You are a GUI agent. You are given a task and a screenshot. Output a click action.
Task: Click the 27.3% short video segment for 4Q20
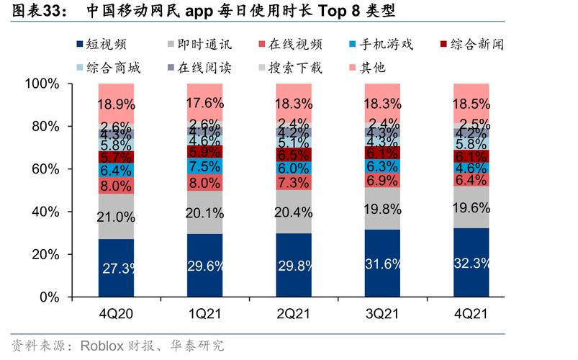click(115, 268)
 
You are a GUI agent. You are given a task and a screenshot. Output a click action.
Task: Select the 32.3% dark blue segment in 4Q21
click(471, 263)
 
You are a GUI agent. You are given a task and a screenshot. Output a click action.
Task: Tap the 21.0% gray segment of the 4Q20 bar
click(115, 217)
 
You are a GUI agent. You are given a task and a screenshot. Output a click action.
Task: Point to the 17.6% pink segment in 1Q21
click(204, 102)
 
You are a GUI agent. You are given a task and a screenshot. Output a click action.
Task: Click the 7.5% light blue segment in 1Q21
click(204, 166)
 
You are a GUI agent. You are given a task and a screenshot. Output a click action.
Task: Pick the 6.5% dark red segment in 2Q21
click(293, 155)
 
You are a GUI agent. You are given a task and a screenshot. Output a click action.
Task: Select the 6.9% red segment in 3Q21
click(382, 179)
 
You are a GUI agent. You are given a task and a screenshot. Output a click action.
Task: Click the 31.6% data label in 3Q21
click(382, 265)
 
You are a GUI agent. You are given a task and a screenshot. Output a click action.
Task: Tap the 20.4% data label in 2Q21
click(293, 212)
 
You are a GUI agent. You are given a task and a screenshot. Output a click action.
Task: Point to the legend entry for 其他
click(371, 68)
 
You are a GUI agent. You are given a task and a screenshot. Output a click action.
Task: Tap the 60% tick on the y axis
click(45, 169)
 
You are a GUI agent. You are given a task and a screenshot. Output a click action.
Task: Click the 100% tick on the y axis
click(41, 84)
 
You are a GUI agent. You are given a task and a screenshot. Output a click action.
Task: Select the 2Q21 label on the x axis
click(293, 315)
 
